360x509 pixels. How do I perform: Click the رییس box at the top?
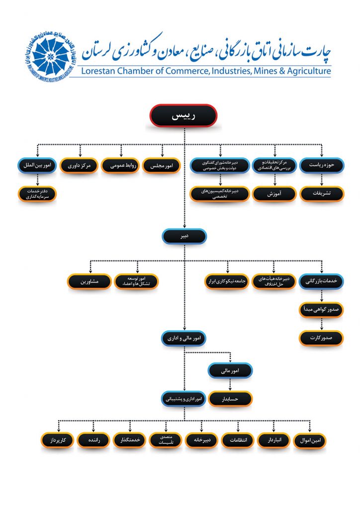click(183, 116)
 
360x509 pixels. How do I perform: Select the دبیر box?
click(184, 236)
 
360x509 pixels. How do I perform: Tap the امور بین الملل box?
click(38, 165)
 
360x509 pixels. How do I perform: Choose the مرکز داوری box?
click(80, 165)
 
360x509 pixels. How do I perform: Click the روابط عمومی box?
click(121, 165)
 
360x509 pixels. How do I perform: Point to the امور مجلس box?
click(162, 165)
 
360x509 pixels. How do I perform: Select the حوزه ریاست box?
click(321, 165)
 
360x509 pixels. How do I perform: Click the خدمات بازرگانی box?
click(321, 281)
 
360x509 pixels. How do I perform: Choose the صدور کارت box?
click(321, 338)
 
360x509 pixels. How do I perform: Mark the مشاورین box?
click(89, 281)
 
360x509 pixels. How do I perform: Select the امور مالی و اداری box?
click(184, 339)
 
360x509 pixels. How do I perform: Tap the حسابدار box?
click(230, 398)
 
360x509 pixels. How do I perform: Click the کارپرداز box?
click(58, 440)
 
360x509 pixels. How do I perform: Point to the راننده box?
click(94, 440)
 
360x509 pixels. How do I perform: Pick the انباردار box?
click(273, 440)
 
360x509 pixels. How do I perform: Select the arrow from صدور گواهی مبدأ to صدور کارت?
click(321, 324)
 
